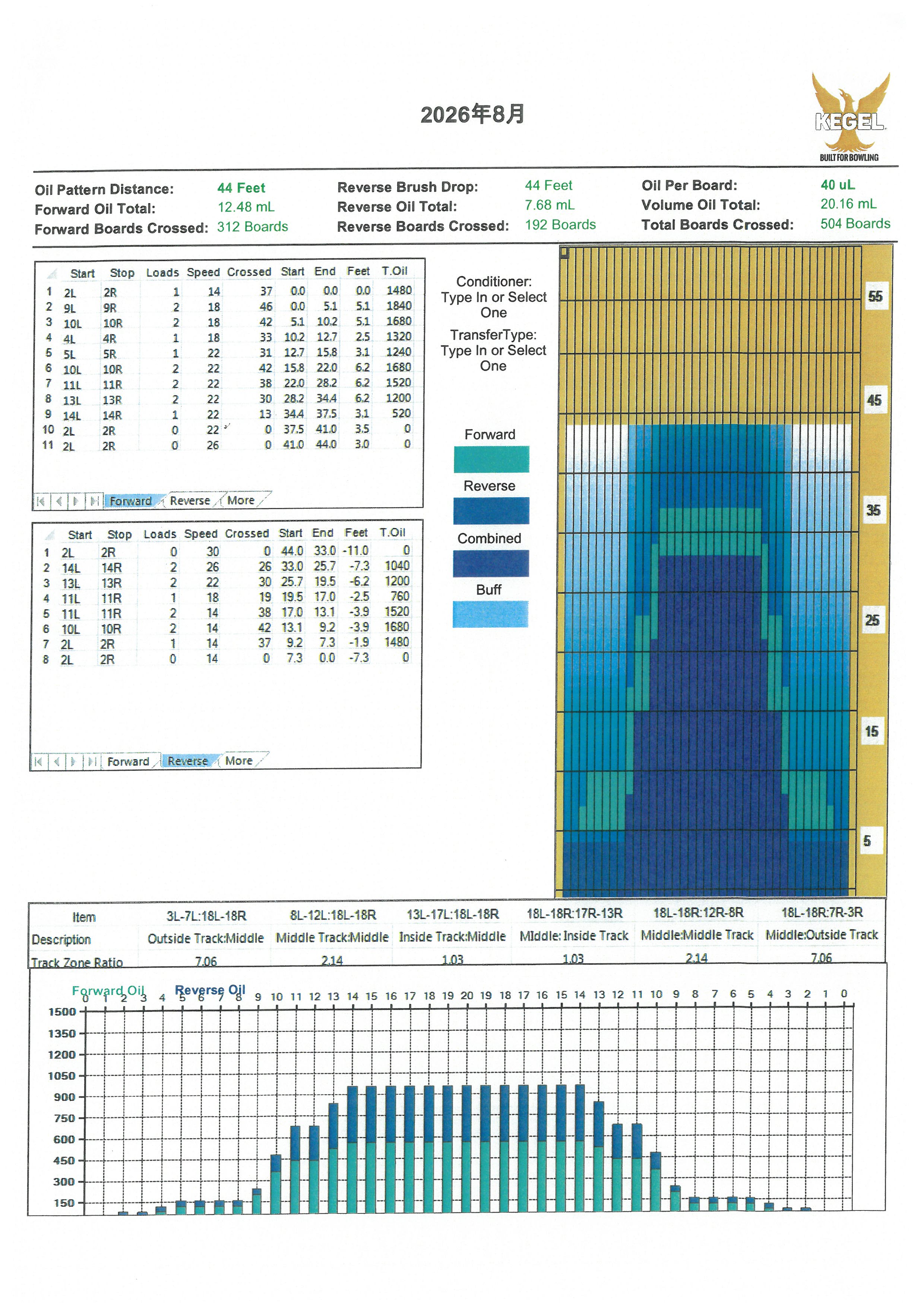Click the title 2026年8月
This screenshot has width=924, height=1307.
pos(472,114)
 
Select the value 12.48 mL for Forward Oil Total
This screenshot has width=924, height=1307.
pos(246,207)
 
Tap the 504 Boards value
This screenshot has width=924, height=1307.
pos(855,224)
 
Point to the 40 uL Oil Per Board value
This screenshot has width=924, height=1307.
pos(838,185)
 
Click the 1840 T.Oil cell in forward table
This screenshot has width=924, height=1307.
pos(399,306)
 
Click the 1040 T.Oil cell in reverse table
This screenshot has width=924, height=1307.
pos(396,566)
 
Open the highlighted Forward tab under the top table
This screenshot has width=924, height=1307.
pos(130,501)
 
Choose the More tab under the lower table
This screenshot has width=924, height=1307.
pos(238,761)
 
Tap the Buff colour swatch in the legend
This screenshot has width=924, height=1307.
pos(490,614)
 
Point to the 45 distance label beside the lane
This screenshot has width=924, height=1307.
pos(874,400)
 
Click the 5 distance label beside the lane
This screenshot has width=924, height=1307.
pos(867,841)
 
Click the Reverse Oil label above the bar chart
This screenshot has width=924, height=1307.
pos(210,990)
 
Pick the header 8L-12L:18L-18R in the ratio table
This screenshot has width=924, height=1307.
pos(333,915)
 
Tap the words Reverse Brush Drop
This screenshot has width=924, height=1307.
pos(407,187)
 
